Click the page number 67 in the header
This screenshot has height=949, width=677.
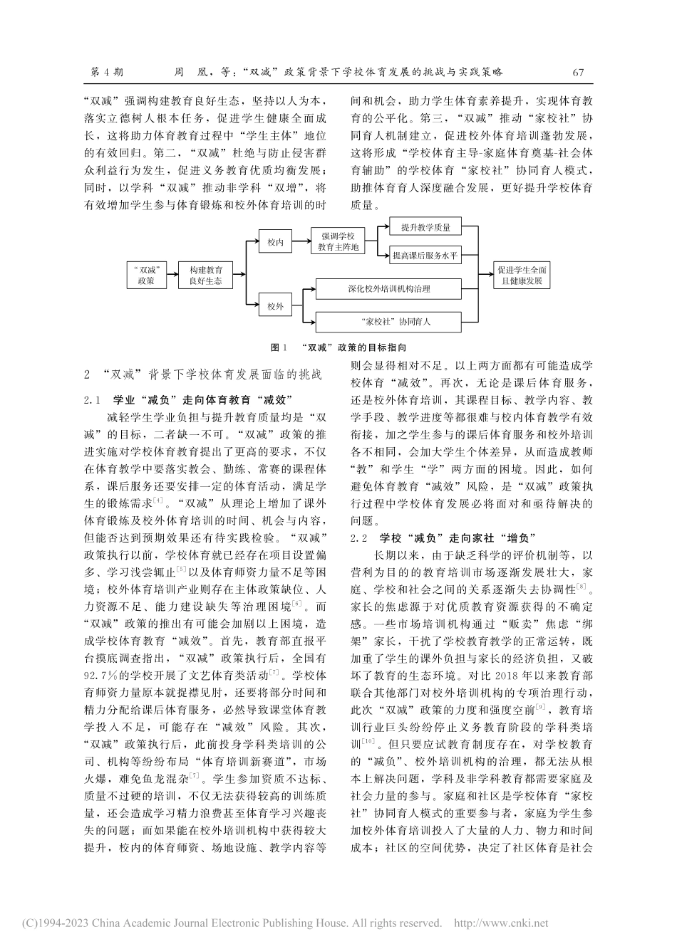pyautogui.click(x=578, y=72)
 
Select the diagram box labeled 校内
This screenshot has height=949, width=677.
pyautogui.click(x=276, y=243)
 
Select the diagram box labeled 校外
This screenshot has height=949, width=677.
pyautogui.click(x=276, y=307)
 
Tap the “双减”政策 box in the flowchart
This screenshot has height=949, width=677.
pyautogui.click(x=145, y=275)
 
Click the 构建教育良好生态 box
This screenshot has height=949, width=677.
pyautogui.click(x=205, y=275)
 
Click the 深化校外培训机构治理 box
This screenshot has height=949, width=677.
pyautogui.click(x=388, y=289)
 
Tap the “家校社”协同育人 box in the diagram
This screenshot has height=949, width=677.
pyautogui.click(x=388, y=321)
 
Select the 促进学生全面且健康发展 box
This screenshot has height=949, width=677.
pyautogui.click(x=522, y=275)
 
